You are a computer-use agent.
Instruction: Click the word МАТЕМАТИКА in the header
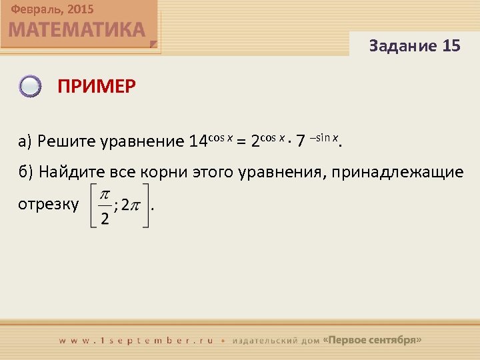pos(77,30)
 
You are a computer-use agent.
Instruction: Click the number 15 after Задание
pos(451,46)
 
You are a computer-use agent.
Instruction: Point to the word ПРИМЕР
pos(96,87)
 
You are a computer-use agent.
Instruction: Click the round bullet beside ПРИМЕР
pos(31,87)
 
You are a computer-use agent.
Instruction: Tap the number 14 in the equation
pos(199,141)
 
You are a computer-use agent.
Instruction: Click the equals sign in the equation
pos(243,141)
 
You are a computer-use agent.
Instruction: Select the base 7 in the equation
pos(301,141)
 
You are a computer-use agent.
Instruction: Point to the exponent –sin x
pos(325,137)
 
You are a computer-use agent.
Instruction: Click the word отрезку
pos(49,204)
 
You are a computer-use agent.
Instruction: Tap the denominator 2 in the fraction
pos(105,220)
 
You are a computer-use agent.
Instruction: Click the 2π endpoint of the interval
pos(131,206)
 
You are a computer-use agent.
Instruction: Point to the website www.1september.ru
pos(136,340)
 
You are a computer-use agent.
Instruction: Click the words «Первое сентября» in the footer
pos(372,339)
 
